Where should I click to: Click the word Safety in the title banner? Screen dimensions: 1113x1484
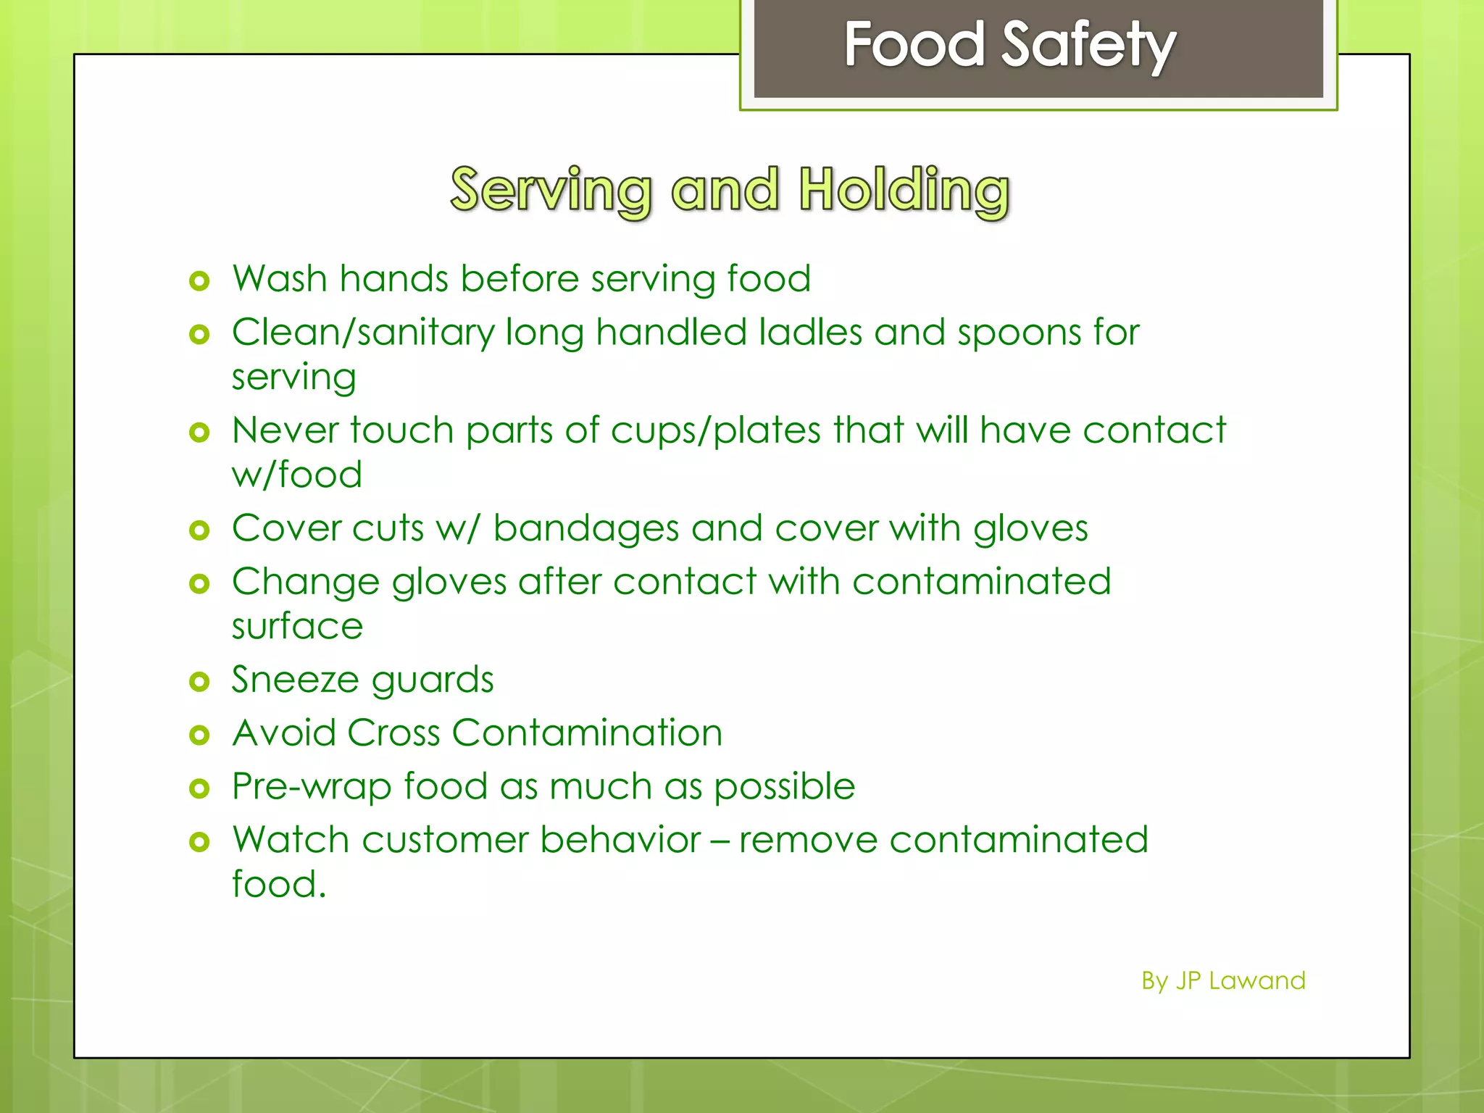pos(1089,45)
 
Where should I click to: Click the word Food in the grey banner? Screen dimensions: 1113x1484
pos(914,45)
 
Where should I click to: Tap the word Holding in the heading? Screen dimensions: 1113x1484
pos(904,190)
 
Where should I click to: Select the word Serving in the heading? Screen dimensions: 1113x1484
pos(551,190)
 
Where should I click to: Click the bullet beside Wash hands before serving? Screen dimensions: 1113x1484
pos(199,280)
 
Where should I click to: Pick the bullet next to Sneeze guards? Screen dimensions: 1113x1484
pos(199,681)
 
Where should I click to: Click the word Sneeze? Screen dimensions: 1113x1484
pos(295,680)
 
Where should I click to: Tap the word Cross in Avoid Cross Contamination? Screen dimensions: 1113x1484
pos(393,733)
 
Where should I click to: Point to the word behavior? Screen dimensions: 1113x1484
pos(620,841)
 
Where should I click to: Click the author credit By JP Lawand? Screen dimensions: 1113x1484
pos(1223,981)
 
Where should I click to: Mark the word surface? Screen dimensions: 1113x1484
pos(297,626)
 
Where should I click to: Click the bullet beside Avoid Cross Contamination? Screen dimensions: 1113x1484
pos(199,735)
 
